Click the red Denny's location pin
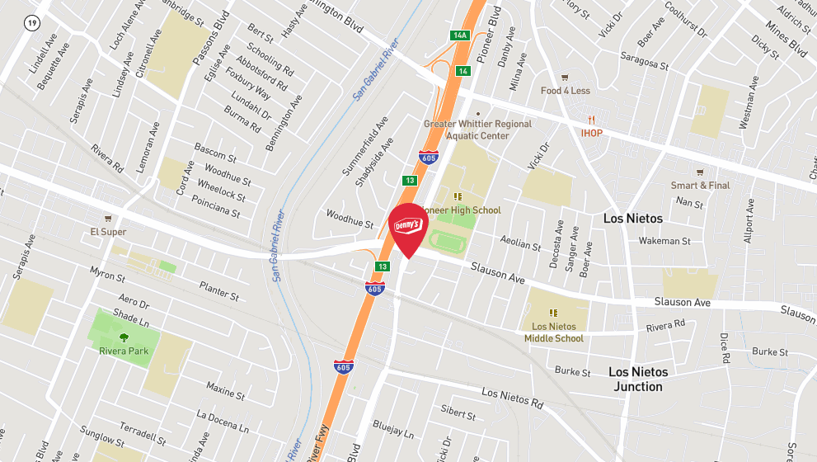pyautogui.click(x=408, y=227)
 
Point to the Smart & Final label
pyautogui.click(x=700, y=186)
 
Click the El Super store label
pyautogui.click(x=108, y=232)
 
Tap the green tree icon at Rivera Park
pyautogui.click(x=124, y=337)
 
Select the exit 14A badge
pyautogui.click(x=459, y=35)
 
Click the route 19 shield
pyautogui.click(x=31, y=23)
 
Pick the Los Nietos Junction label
pyautogui.click(x=638, y=379)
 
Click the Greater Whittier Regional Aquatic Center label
pyautogui.click(x=477, y=129)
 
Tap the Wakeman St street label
pyautogui.click(x=664, y=241)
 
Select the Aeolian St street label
pyautogui.click(x=520, y=243)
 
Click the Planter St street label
pyautogui.click(x=219, y=290)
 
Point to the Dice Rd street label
pyautogui.click(x=725, y=348)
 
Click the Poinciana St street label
pyautogui.click(x=215, y=206)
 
